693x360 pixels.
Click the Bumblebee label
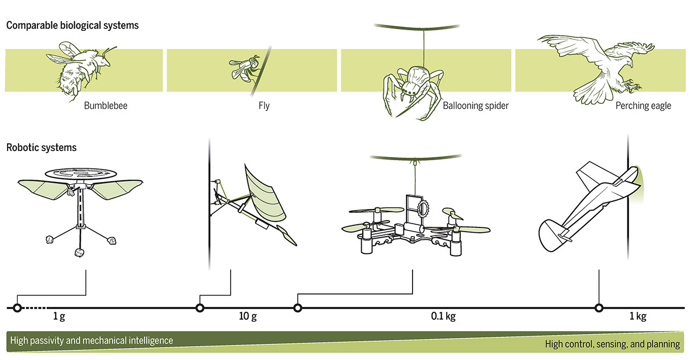click(106, 106)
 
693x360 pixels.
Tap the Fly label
click(264, 106)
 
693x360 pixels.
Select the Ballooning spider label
click(475, 106)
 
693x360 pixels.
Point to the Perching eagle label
click(643, 106)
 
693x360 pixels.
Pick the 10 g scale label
click(247, 316)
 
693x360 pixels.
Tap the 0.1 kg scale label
click(443, 316)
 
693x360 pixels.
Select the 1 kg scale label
click(638, 316)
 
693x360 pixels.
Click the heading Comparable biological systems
click(73, 25)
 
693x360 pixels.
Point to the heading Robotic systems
click(41, 147)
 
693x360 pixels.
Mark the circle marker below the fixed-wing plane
click(599, 308)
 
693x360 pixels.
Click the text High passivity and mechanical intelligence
click(91, 341)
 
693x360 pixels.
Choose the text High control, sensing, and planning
click(612, 344)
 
